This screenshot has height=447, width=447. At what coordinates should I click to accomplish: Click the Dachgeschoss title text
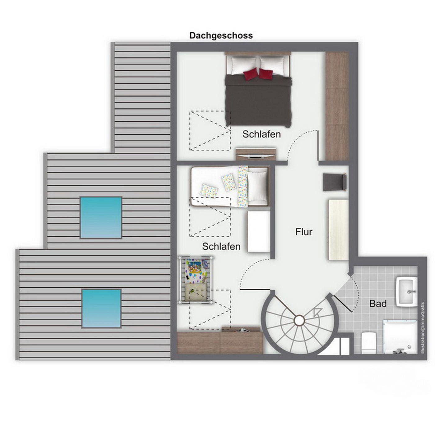click(x=221, y=36)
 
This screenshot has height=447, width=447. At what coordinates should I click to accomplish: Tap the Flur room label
click(x=304, y=232)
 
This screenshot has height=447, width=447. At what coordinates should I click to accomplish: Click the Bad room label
click(x=378, y=303)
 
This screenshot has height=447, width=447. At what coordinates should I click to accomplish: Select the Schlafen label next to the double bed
click(x=261, y=134)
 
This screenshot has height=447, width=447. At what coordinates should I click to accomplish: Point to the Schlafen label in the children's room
click(x=221, y=246)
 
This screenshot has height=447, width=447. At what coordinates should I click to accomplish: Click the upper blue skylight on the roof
click(x=101, y=218)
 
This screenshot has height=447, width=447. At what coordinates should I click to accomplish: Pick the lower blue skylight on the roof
click(x=102, y=309)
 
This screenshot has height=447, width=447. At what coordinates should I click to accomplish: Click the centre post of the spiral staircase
click(x=299, y=321)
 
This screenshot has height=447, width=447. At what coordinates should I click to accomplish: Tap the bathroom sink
click(x=407, y=292)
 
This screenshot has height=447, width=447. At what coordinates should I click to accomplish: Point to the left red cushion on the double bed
click(x=251, y=74)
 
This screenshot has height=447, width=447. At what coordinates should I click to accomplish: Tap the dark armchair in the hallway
click(x=335, y=182)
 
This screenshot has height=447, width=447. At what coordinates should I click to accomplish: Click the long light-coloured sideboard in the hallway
click(x=338, y=230)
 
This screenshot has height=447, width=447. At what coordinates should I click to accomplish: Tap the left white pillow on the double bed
click(x=243, y=65)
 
